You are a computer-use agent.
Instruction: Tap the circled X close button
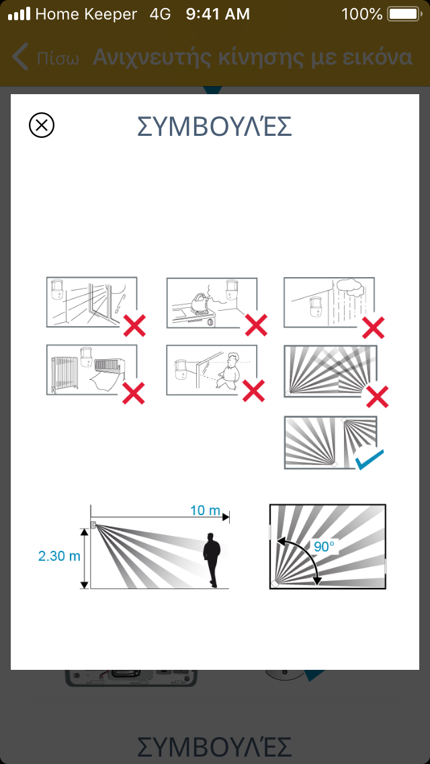point(42,125)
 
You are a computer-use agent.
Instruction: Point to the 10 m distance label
point(205,510)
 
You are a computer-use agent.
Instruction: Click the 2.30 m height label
point(59,556)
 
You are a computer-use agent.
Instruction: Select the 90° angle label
point(323,546)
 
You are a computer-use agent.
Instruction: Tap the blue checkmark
point(369,460)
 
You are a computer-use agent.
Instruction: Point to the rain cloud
point(349,289)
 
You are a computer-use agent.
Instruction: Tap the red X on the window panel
point(134,326)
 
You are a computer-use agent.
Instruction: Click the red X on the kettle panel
point(256,325)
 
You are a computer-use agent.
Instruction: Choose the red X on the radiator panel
point(134,393)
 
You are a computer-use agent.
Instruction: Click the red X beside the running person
point(254,391)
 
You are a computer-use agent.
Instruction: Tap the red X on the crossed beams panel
point(378,396)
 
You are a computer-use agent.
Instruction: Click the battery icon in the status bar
point(403,14)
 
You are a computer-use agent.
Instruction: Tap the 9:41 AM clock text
point(218,14)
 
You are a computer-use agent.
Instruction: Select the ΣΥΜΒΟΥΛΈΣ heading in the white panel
point(215,126)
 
